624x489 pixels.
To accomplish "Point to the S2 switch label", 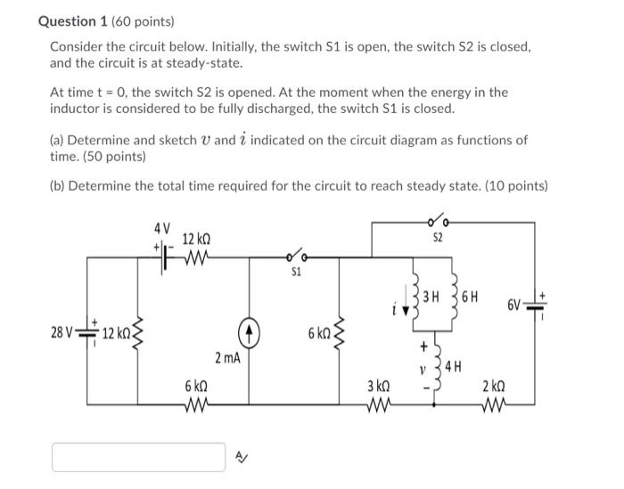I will pyautogui.click(x=438, y=239).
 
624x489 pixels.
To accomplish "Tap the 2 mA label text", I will pyautogui.click(x=227, y=358).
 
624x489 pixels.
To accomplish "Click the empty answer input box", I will pyautogui.click(x=138, y=457).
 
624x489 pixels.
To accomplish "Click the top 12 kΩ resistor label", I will pyautogui.click(x=195, y=240).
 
